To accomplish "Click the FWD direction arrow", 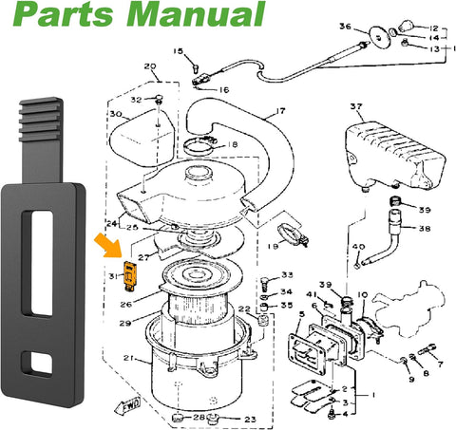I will (127, 406).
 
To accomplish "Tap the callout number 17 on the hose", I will (279, 111).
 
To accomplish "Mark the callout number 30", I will (116, 114).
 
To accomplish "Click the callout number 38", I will (422, 229).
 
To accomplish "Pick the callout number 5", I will (302, 314).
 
